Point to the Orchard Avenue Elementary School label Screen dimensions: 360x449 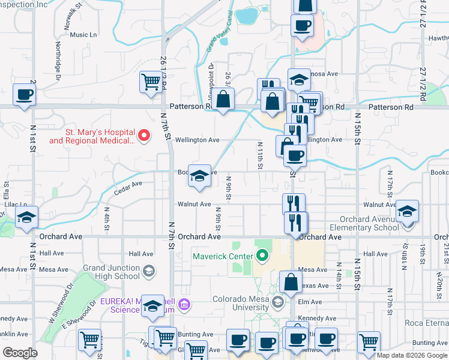coord(369,223)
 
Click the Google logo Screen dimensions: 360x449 coord(20,353)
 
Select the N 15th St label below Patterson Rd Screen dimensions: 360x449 coord(357,128)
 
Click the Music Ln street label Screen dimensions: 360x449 coord(83,35)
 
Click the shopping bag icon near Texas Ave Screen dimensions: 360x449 coord(291,281)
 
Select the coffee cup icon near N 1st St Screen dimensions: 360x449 coord(24,94)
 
